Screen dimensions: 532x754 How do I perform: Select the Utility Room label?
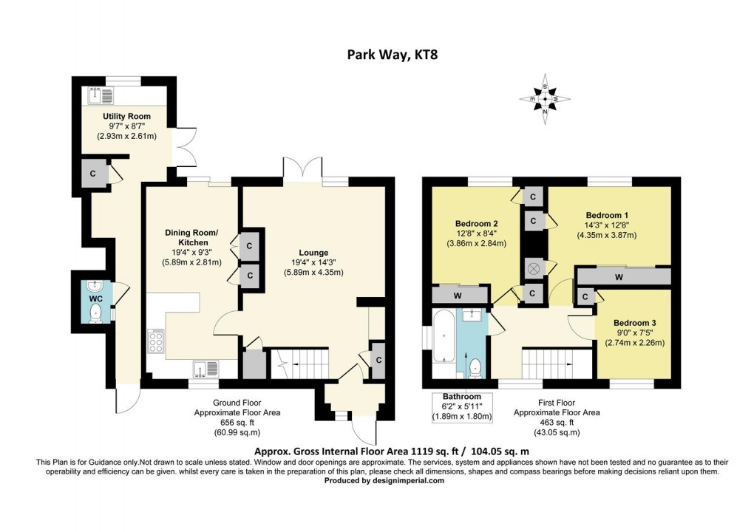[x=126, y=116]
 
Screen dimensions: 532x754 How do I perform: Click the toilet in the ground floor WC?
[x=95, y=316]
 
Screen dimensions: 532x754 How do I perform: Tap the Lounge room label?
[x=313, y=252]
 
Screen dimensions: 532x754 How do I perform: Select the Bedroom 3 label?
[x=635, y=323]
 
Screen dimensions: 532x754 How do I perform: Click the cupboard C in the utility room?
[x=92, y=174]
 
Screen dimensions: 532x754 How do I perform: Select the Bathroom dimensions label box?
[x=461, y=406]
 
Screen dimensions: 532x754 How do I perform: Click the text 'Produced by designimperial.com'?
[x=384, y=480]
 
